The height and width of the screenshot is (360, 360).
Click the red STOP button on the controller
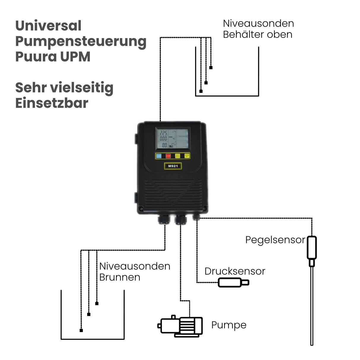tap(168, 156)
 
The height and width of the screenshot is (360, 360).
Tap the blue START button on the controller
tap(159, 156)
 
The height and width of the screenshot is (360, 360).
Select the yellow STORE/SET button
tap(187, 156)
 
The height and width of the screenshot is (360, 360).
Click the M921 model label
tap(173, 166)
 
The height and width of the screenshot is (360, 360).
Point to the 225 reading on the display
tap(163, 133)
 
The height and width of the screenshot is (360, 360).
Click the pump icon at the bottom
tap(181, 326)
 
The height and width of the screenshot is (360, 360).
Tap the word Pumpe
tap(229, 325)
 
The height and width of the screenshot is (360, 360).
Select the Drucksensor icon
tap(233, 283)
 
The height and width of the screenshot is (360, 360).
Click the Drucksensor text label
tap(235, 271)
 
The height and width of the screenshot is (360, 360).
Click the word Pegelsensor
tap(275, 240)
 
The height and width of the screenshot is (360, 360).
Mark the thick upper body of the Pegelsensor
tap(312, 248)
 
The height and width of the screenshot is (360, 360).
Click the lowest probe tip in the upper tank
tap(201, 91)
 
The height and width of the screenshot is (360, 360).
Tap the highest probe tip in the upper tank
tap(211, 68)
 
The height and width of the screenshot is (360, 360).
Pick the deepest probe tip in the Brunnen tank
tap(81, 330)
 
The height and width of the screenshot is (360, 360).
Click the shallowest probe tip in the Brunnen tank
tap(97, 303)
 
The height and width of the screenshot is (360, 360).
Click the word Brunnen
tap(120, 277)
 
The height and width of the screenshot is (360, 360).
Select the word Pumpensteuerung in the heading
tap(81, 41)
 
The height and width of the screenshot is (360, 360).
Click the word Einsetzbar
tap(52, 103)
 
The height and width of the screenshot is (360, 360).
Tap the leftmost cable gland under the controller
tap(163, 219)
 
